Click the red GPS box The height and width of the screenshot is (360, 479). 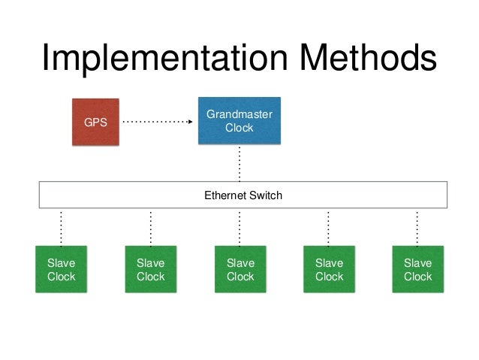[x=95, y=122]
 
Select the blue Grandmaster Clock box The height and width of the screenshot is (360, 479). [x=239, y=120]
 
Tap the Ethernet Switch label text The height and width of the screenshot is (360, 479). [x=243, y=195]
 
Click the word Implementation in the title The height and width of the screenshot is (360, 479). [x=165, y=58]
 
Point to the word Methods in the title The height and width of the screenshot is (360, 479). [x=369, y=57]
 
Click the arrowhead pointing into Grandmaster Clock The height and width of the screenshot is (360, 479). [x=190, y=122]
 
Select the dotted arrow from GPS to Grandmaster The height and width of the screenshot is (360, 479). [x=158, y=122]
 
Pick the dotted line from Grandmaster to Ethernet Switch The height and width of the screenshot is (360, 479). [x=239, y=164]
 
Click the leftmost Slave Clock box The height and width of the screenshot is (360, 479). [x=61, y=269]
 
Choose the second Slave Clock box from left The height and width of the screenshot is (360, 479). [x=151, y=269]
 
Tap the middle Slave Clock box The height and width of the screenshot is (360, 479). [x=240, y=269]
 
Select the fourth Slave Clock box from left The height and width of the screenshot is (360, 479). [x=330, y=269]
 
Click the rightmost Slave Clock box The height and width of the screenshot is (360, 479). [x=418, y=269]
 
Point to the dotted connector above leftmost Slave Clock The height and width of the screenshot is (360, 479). [x=61, y=228]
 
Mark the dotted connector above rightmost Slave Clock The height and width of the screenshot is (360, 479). [x=417, y=228]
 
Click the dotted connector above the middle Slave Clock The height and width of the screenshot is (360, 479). [x=239, y=228]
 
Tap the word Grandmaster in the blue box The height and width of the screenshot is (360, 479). [x=239, y=114]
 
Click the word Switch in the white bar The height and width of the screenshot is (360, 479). [x=266, y=195]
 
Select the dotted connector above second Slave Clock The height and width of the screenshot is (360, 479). [x=151, y=228]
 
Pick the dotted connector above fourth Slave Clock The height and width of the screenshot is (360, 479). [x=328, y=228]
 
